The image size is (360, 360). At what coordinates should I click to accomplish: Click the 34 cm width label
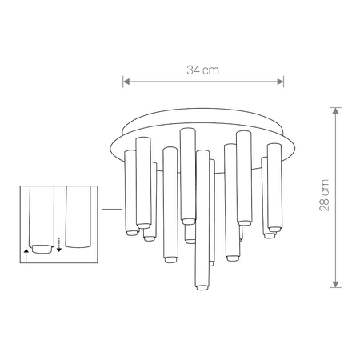tap(203, 70)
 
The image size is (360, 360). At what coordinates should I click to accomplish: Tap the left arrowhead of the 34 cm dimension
tap(125, 80)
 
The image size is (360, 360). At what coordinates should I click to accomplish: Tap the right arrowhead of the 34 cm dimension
tap(282, 80)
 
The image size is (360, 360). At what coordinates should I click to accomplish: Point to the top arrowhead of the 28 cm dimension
tap(336, 109)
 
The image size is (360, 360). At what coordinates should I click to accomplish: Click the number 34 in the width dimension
tap(194, 70)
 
